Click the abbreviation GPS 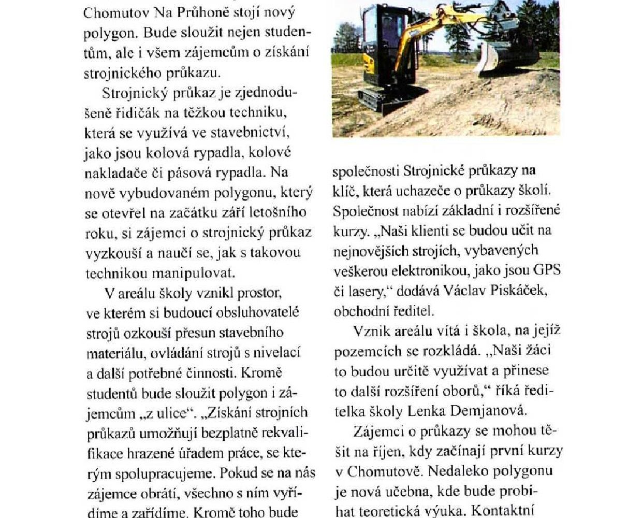[546, 270]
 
